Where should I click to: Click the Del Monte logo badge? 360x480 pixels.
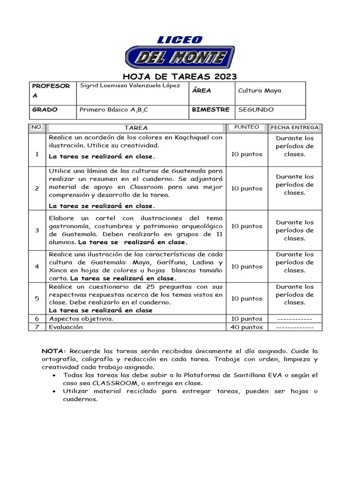(180, 58)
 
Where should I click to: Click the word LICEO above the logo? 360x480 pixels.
(180, 40)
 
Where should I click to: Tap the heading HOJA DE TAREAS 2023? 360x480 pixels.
(180, 76)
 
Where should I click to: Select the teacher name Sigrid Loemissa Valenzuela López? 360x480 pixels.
(130, 86)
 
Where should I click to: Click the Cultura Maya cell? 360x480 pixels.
(260, 90)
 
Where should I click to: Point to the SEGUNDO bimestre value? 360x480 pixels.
(256, 110)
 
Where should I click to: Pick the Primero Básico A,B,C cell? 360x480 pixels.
(114, 110)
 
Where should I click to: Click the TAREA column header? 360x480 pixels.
(136, 127)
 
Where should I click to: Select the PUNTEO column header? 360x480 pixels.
(247, 127)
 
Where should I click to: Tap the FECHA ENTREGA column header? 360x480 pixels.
(294, 127)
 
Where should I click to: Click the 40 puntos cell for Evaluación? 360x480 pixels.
(247, 327)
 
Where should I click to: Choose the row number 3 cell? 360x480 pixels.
(37, 230)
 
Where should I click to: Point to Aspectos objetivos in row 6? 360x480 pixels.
(81, 319)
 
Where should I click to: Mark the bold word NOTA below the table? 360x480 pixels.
(54, 351)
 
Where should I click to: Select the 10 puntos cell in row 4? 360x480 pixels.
(247, 266)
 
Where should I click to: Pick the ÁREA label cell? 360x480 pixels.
(202, 90)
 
